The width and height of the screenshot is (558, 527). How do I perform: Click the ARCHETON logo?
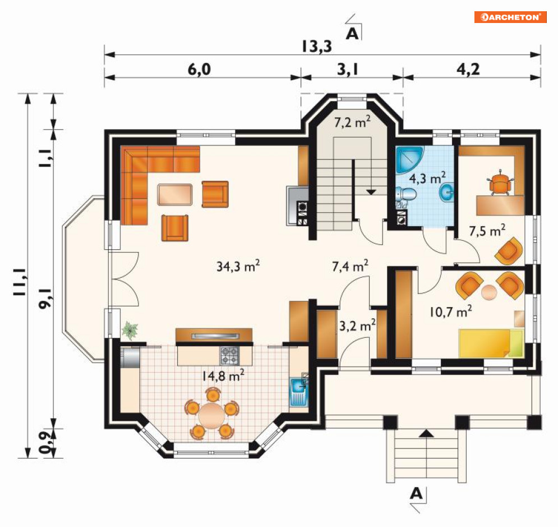(x=510, y=17)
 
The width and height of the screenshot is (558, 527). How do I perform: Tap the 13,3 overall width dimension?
(x=317, y=46)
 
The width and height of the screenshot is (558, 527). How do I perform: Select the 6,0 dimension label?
(x=199, y=69)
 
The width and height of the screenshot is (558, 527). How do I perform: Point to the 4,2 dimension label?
(x=468, y=69)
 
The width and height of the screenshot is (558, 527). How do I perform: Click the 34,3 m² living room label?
(x=238, y=265)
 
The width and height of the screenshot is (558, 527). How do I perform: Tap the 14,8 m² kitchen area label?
(x=223, y=375)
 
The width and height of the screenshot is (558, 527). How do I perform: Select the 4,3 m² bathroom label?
(x=427, y=178)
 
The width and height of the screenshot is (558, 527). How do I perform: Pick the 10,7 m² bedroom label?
(x=450, y=311)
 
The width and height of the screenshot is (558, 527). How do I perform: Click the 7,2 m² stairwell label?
(x=352, y=122)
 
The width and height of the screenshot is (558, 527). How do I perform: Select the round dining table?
(x=212, y=416)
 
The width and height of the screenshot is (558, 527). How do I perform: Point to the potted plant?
(x=130, y=330)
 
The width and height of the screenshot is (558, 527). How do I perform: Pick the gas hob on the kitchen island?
(x=230, y=356)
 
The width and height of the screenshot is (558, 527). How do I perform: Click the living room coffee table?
(x=175, y=194)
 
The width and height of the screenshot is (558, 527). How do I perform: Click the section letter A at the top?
(x=352, y=34)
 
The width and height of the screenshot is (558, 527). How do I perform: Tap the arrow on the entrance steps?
(x=427, y=433)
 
